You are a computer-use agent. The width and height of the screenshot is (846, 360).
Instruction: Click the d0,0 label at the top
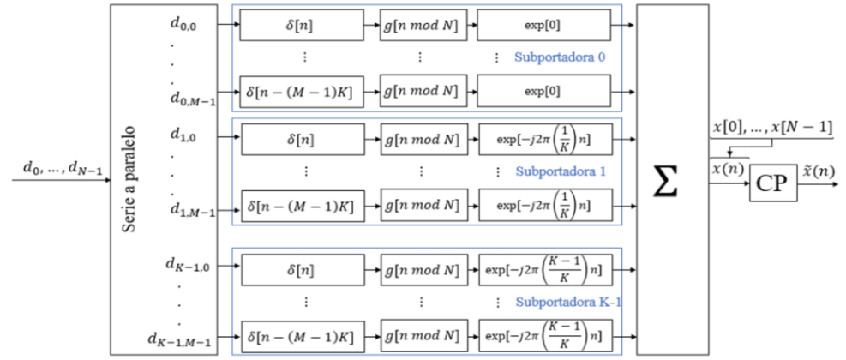click(183, 24)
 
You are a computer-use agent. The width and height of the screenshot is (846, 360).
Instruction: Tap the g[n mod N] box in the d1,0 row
click(421, 138)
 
